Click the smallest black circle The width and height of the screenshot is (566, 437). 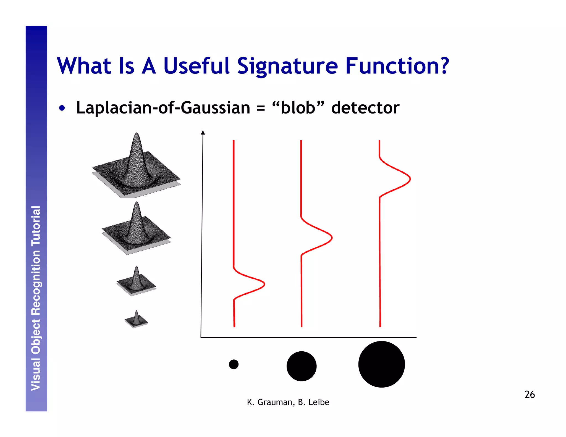tap(234, 364)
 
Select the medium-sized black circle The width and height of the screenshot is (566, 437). tap(302, 366)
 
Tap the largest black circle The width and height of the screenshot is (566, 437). tap(381, 364)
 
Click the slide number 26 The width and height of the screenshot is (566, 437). tap(530, 394)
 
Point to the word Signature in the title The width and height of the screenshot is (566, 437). tap(287, 66)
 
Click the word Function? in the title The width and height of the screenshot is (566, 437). tap(397, 66)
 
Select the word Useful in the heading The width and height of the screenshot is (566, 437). tap(196, 66)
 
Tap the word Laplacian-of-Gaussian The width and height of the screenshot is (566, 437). tap(163, 108)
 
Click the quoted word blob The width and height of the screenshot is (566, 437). tap(298, 108)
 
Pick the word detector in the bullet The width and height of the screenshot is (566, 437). tap(365, 108)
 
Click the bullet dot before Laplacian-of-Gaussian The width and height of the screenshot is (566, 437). tap(62, 108)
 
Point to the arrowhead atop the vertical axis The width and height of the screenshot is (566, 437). tap(203, 132)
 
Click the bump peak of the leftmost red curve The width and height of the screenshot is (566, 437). tap(264, 284)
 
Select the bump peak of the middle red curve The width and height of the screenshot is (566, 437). tap(331, 238)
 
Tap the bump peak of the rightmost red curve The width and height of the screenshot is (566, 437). tap(410, 179)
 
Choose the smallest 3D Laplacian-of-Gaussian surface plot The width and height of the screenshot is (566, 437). tap(136, 320)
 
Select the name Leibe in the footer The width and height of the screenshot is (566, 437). tap(319, 402)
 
